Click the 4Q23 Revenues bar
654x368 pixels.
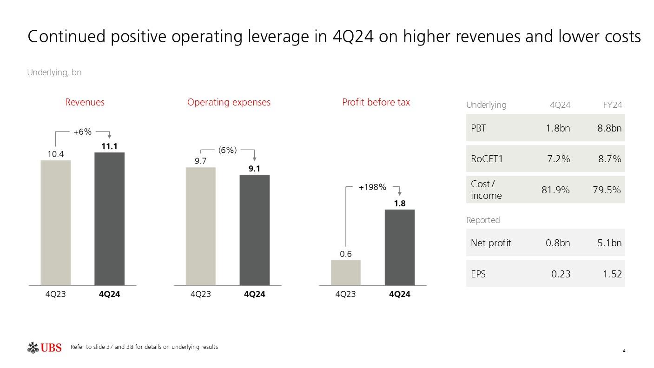click(56, 223)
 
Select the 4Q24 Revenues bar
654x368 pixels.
click(109, 218)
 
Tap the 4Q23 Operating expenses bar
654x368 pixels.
click(201, 226)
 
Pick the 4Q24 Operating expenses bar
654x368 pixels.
click(254, 230)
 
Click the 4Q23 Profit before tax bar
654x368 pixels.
click(346, 272)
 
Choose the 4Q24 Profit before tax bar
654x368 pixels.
click(399, 247)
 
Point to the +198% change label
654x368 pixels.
click(372, 187)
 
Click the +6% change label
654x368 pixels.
click(82, 132)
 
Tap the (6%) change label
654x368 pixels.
click(227, 150)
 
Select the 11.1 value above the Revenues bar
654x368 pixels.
click(109, 146)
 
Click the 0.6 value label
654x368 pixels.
click(346, 254)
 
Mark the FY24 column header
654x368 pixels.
click(613, 105)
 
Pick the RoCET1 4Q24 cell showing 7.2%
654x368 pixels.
click(558, 159)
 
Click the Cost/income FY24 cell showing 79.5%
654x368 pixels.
click(607, 190)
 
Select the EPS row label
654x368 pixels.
click(478, 274)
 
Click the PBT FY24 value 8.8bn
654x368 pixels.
click(609, 128)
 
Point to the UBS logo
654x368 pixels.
click(45, 348)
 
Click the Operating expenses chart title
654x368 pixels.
click(229, 102)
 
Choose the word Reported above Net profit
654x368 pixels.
click(483, 220)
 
